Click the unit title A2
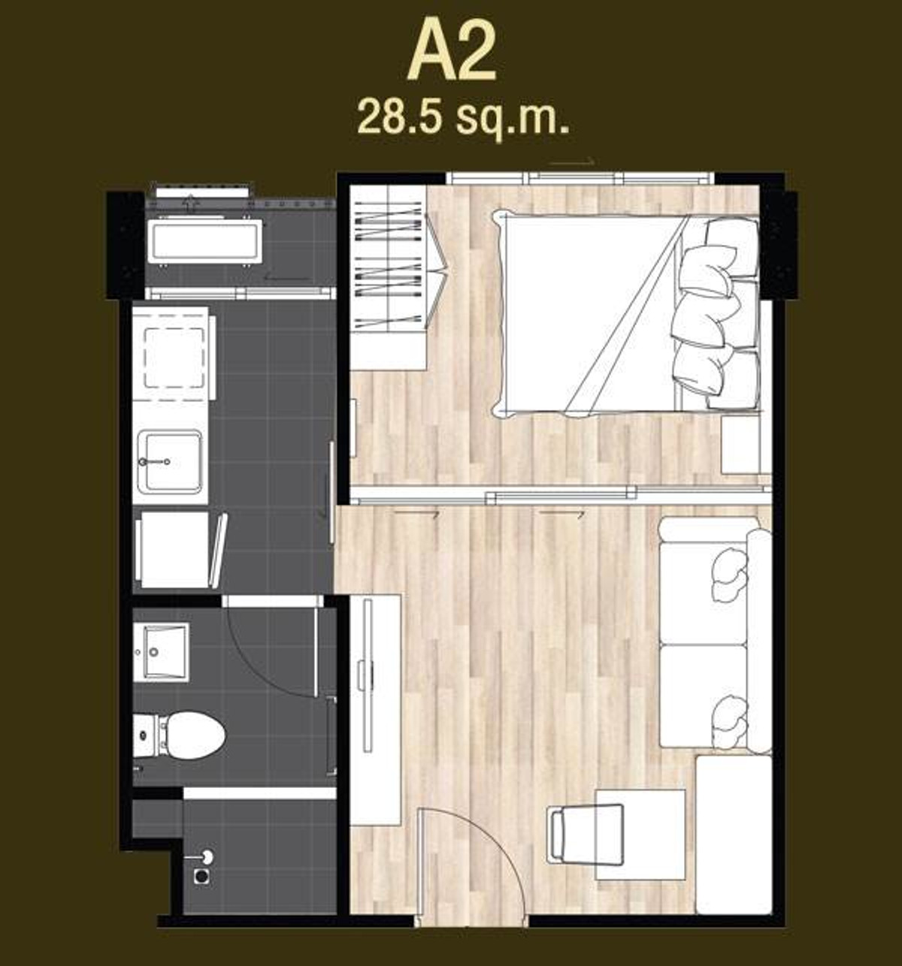[x=452, y=52]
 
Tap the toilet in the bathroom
[x=180, y=735]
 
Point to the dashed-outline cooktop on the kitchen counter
[x=174, y=357]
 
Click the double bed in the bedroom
[x=625, y=314]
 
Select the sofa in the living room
[x=715, y=634]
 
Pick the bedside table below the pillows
[x=741, y=444]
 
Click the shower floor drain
[x=201, y=877]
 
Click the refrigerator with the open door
[x=180, y=550]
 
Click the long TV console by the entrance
[x=376, y=702]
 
